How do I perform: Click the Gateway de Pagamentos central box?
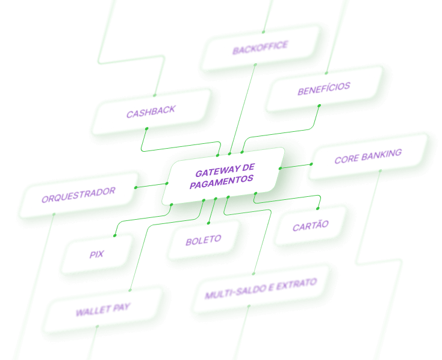click(x=223, y=176)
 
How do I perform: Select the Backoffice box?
click(x=261, y=48)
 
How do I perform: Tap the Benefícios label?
click(x=324, y=88)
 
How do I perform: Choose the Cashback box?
click(x=151, y=111)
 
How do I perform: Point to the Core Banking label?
click(x=368, y=156)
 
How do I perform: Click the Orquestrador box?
click(x=79, y=195)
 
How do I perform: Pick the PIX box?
click(x=97, y=254)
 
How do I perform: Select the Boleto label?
click(x=204, y=240)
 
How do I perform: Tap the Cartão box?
click(x=311, y=226)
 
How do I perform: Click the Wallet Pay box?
click(x=103, y=310)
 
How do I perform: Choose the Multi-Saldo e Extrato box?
click(x=261, y=288)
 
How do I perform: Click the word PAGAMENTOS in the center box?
click(x=221, y=182)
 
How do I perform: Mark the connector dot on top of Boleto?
click(x=208, y=223)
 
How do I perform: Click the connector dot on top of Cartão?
click(x=318, y=209)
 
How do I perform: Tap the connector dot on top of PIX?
click(x=115, y=235)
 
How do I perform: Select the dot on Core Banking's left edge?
click(x=311, y=164)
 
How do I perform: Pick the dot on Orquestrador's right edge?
click(x=135, y=187)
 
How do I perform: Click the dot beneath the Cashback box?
click(x=146, y=129)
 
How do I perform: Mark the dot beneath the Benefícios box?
click(x=319, y=106)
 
